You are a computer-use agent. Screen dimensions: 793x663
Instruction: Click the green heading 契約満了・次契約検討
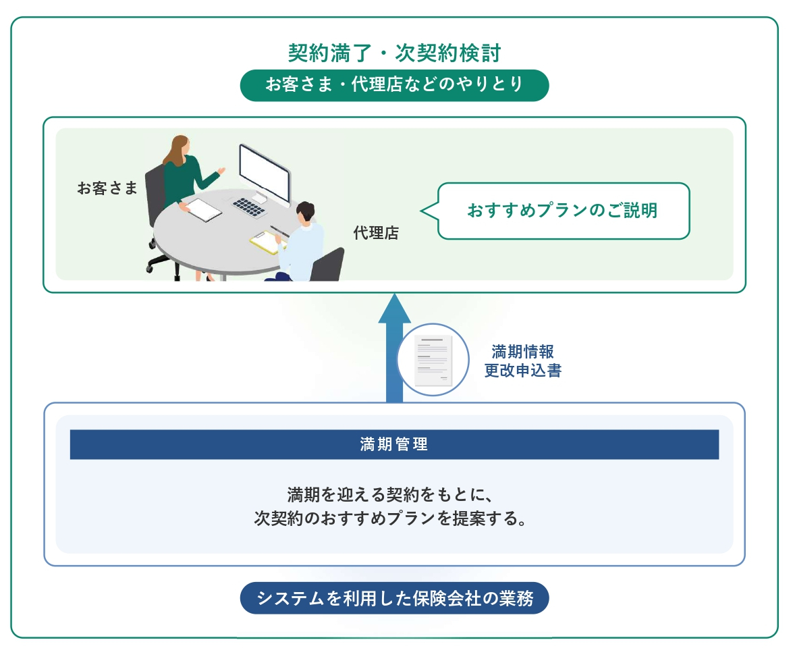click(x=395, y=53)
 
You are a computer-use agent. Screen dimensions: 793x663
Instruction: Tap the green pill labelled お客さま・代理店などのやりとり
click(x=395, y=85)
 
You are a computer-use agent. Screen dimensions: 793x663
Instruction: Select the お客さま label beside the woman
click(x=107, y=188)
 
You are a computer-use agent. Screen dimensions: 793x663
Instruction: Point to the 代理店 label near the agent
click(x=376, y=233)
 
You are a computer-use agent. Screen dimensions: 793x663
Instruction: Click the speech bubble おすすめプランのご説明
click(x=564, y=211)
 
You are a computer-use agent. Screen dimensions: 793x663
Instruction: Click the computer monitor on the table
click(x=265, y=173)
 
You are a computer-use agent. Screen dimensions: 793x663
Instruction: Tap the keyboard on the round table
click(x=249, y=206)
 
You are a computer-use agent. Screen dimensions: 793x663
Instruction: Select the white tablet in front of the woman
click(x=203, y=209)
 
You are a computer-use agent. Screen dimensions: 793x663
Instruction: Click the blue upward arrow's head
click(x=395, y=308)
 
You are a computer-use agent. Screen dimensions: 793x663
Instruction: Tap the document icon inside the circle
click(x=433, y=361)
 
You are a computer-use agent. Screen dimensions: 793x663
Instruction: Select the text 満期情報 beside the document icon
click(x=522, y=351)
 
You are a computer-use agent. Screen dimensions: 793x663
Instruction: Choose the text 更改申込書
click(x=522, y=371)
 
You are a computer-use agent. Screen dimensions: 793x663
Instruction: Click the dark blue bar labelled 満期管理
click(x=395, y=444)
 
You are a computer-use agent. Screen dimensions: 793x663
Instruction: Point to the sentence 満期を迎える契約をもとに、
click(x=390, y=494)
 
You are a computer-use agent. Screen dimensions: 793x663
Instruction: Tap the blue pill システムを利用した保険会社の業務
click(x=395, y=598)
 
